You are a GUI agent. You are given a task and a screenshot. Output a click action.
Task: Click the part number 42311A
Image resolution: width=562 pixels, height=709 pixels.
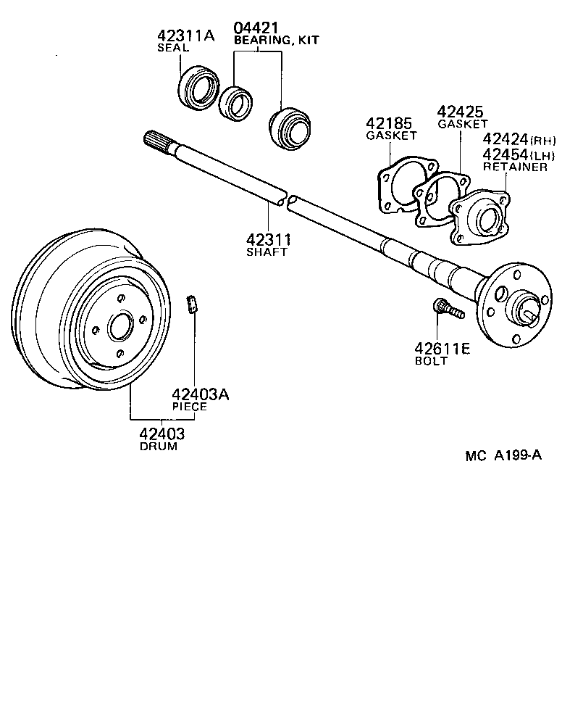click(186, 36)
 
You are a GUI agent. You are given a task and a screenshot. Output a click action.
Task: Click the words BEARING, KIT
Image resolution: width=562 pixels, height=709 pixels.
click(276, 41)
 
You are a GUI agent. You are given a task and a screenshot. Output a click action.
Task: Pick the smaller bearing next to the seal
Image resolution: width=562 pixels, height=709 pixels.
click(235, 101)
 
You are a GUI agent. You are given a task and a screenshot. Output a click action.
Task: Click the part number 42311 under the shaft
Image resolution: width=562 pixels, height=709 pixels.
click(268, 239)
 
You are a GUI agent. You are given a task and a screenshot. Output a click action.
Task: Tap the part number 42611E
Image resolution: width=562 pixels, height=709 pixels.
click(442, 349)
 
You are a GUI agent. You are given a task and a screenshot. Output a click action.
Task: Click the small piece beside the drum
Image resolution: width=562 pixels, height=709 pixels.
click(192, 304)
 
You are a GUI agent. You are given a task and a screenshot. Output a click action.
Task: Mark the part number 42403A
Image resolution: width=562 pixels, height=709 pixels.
click(200, 394)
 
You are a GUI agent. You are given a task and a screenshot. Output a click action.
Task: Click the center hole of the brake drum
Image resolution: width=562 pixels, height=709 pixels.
click(118, 327)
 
